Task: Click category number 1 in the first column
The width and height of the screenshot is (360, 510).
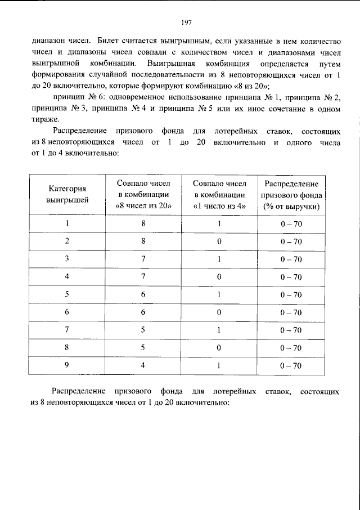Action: [x=67, y=224]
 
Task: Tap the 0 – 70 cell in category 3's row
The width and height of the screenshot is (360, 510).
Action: [x=291, y=260]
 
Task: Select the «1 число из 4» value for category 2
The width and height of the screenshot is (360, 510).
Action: [x=219, y=242]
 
